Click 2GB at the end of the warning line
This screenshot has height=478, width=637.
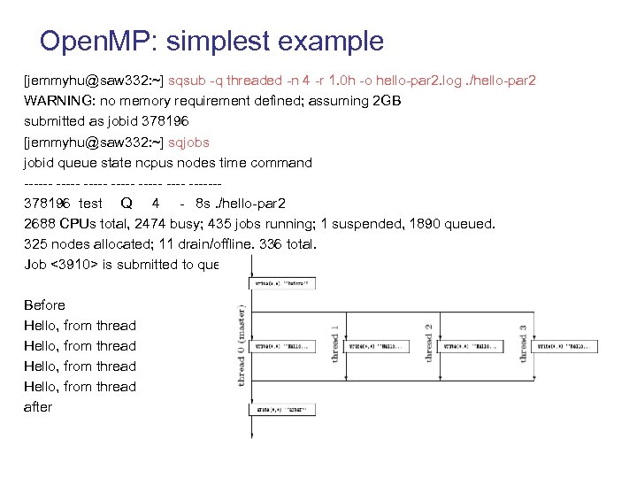[x=388, y=101]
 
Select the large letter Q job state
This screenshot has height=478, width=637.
[x=127, y=203]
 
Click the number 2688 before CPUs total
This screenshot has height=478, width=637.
[x=40, y=223]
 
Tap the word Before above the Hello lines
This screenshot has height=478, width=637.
[x=44, y=305]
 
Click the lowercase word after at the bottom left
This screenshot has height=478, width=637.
[x=38, y=406]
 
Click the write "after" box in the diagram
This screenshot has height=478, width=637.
[x=282, y=410]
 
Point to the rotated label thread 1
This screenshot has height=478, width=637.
[x=334, y=343]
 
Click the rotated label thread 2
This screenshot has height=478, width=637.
[x=428, y=343]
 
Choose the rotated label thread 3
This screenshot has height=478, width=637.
[x=523, y=343]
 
